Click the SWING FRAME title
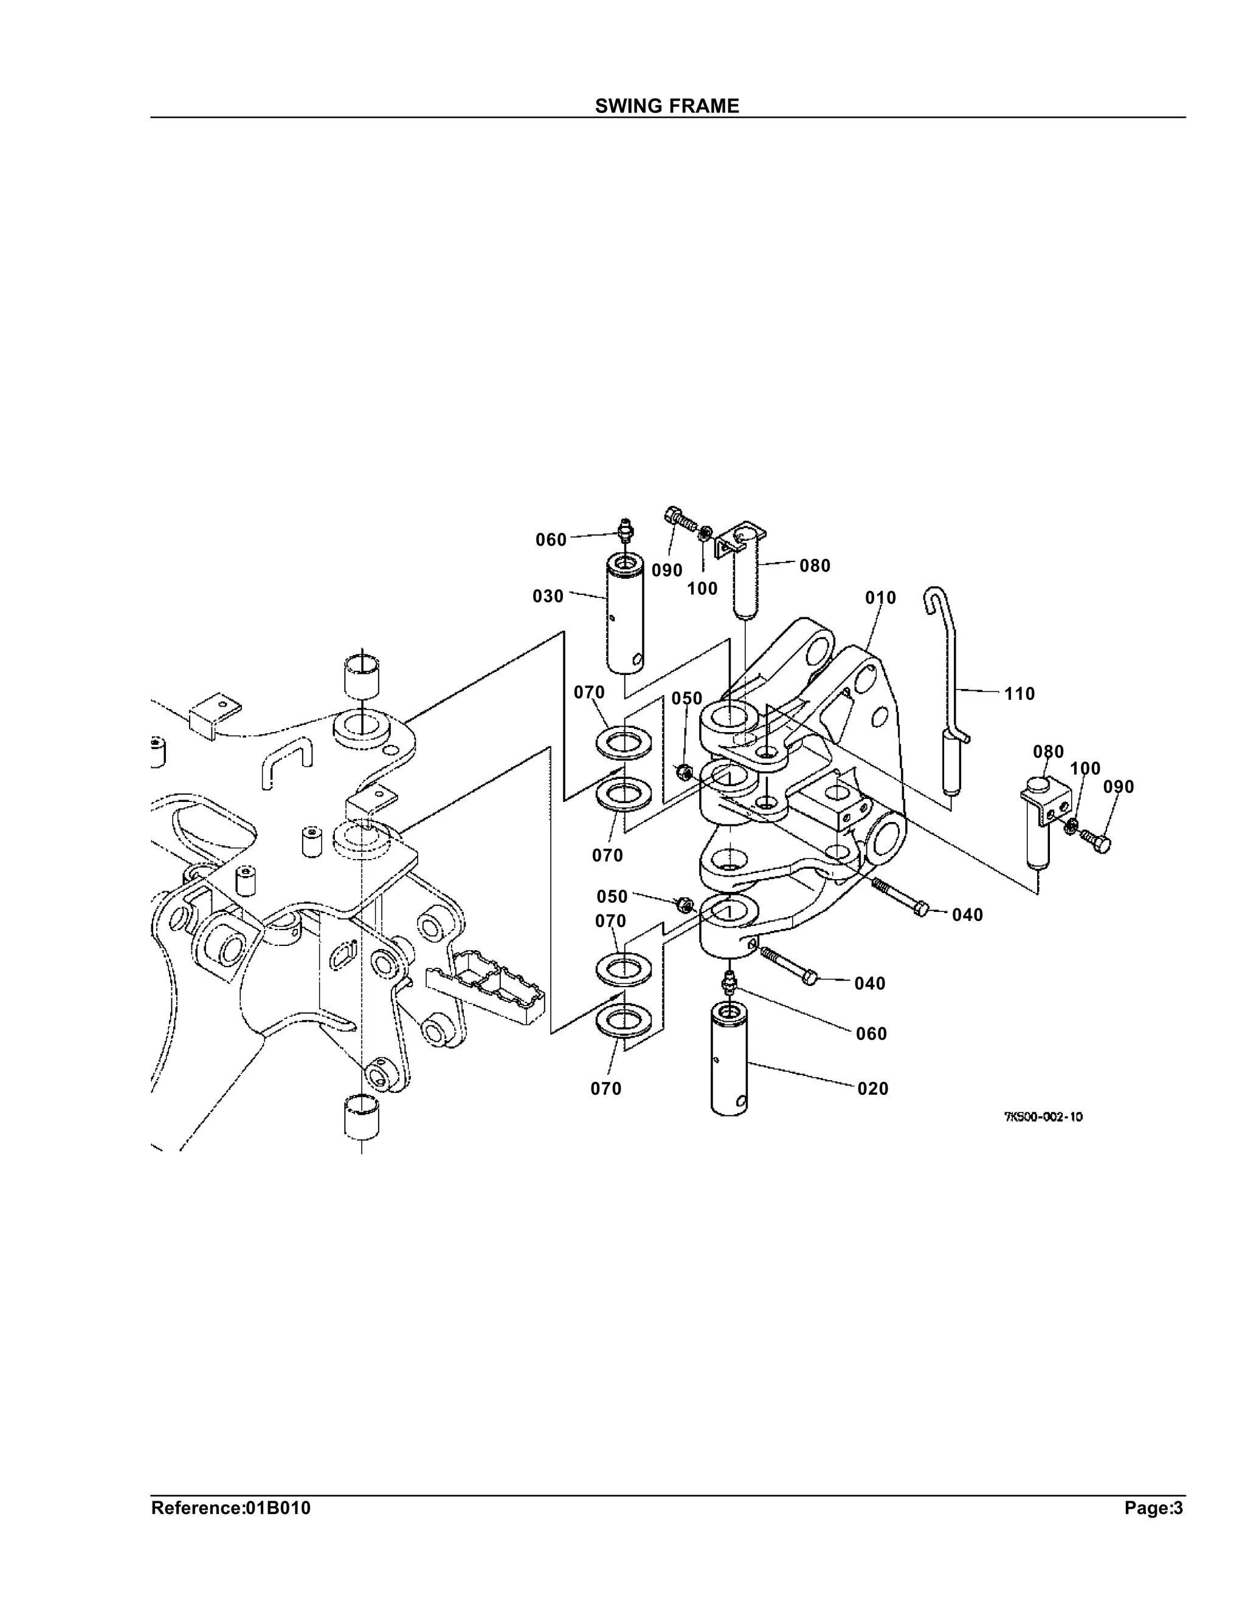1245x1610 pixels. point(667,106)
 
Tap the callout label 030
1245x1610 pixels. point(548,595)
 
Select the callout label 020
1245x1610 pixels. point(872,1089)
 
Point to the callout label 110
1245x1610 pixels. point(1019,694)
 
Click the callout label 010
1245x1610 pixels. point(881,598)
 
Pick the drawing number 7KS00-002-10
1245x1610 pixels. point(1043,1117)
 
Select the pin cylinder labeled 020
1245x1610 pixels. point(729,1060)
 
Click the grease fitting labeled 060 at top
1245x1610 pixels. point(626,529)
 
